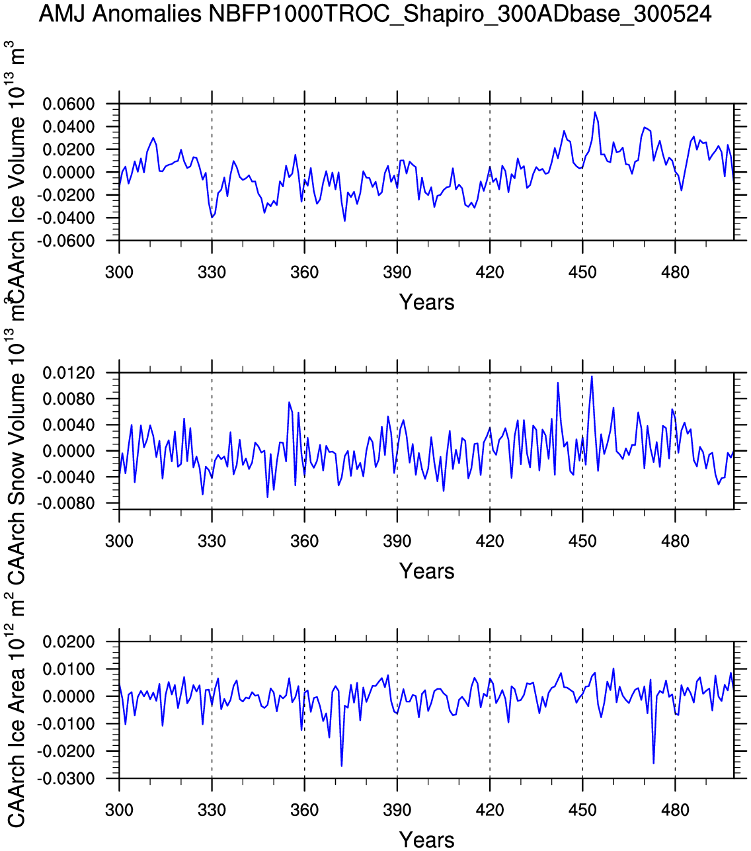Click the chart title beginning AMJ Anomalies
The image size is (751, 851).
click(x=375, y=14)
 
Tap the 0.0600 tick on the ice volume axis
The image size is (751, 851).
click(x=69, y=104)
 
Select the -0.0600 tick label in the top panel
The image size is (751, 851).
click(x=67, y=241)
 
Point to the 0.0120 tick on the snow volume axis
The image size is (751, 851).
click(x=69, y=374)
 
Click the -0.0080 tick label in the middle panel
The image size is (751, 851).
click(x=67, y=504)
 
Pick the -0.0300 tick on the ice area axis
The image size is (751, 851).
click(x=67, y=779)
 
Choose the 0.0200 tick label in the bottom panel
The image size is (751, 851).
click(x=69, y=643)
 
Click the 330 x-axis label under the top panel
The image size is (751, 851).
click(x=212, y=272)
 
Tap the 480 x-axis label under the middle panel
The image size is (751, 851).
click(x=675, y=542)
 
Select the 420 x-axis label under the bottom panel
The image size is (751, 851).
click(x=490, y=810)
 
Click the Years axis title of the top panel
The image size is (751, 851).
click(x=426, y=303)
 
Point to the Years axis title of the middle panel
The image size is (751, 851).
click(x=426, y=571)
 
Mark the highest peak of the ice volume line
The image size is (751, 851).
click(x=595, y=112)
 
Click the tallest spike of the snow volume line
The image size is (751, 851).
click(x=592, y=376)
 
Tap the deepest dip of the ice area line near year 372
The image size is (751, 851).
click(x=342, y=766)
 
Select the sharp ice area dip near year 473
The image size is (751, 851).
click(x=653, y=763)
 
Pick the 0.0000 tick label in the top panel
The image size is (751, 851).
click(x=69, y=173)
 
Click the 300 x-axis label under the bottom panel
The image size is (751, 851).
click(x=119, y=810)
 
